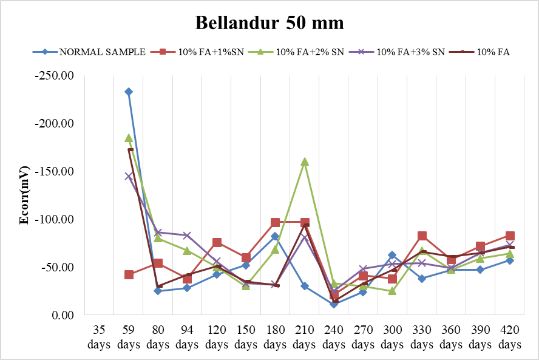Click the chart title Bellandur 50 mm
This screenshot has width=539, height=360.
[269, 23]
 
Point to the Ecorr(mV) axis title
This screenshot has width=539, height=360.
[24, 195]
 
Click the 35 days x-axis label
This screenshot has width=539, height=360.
[99, 338]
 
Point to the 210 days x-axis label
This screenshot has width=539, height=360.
[305, 338]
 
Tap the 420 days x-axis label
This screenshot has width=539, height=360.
[510, 338]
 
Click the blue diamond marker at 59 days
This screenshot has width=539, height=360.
[129, 92]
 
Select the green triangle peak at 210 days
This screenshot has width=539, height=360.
[305, 161]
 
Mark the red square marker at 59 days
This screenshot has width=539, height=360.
[129, 274]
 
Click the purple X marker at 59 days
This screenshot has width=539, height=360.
[129, 176]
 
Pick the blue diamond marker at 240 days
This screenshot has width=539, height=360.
[334, 304]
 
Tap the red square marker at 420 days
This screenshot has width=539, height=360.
[510, 236]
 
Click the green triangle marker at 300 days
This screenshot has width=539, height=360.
[392, 291]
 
